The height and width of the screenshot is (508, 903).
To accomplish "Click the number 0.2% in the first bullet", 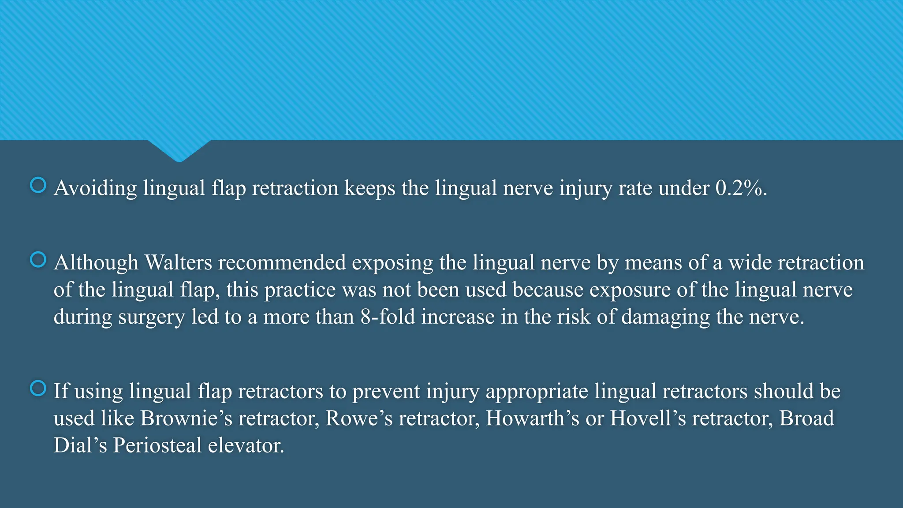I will click(x=741, y=188).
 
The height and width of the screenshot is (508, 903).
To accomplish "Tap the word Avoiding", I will click(x=95, y=188).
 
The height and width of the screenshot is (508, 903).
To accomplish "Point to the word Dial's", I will click(x=80, y=445).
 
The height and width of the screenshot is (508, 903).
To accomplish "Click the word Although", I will click(x=96, y=263).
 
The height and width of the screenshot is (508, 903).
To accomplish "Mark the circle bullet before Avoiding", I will click(x=38, y=185).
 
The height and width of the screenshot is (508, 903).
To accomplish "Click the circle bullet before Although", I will click(x=38, y=260).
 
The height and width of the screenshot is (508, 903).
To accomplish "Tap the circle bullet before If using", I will click(x=38, y=388).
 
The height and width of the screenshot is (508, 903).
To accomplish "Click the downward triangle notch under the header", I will click(x=179, y=150).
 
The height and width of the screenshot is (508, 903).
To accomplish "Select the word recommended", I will click(x=282, y=263).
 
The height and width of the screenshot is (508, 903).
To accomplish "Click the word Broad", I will click(x=806, y=418).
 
